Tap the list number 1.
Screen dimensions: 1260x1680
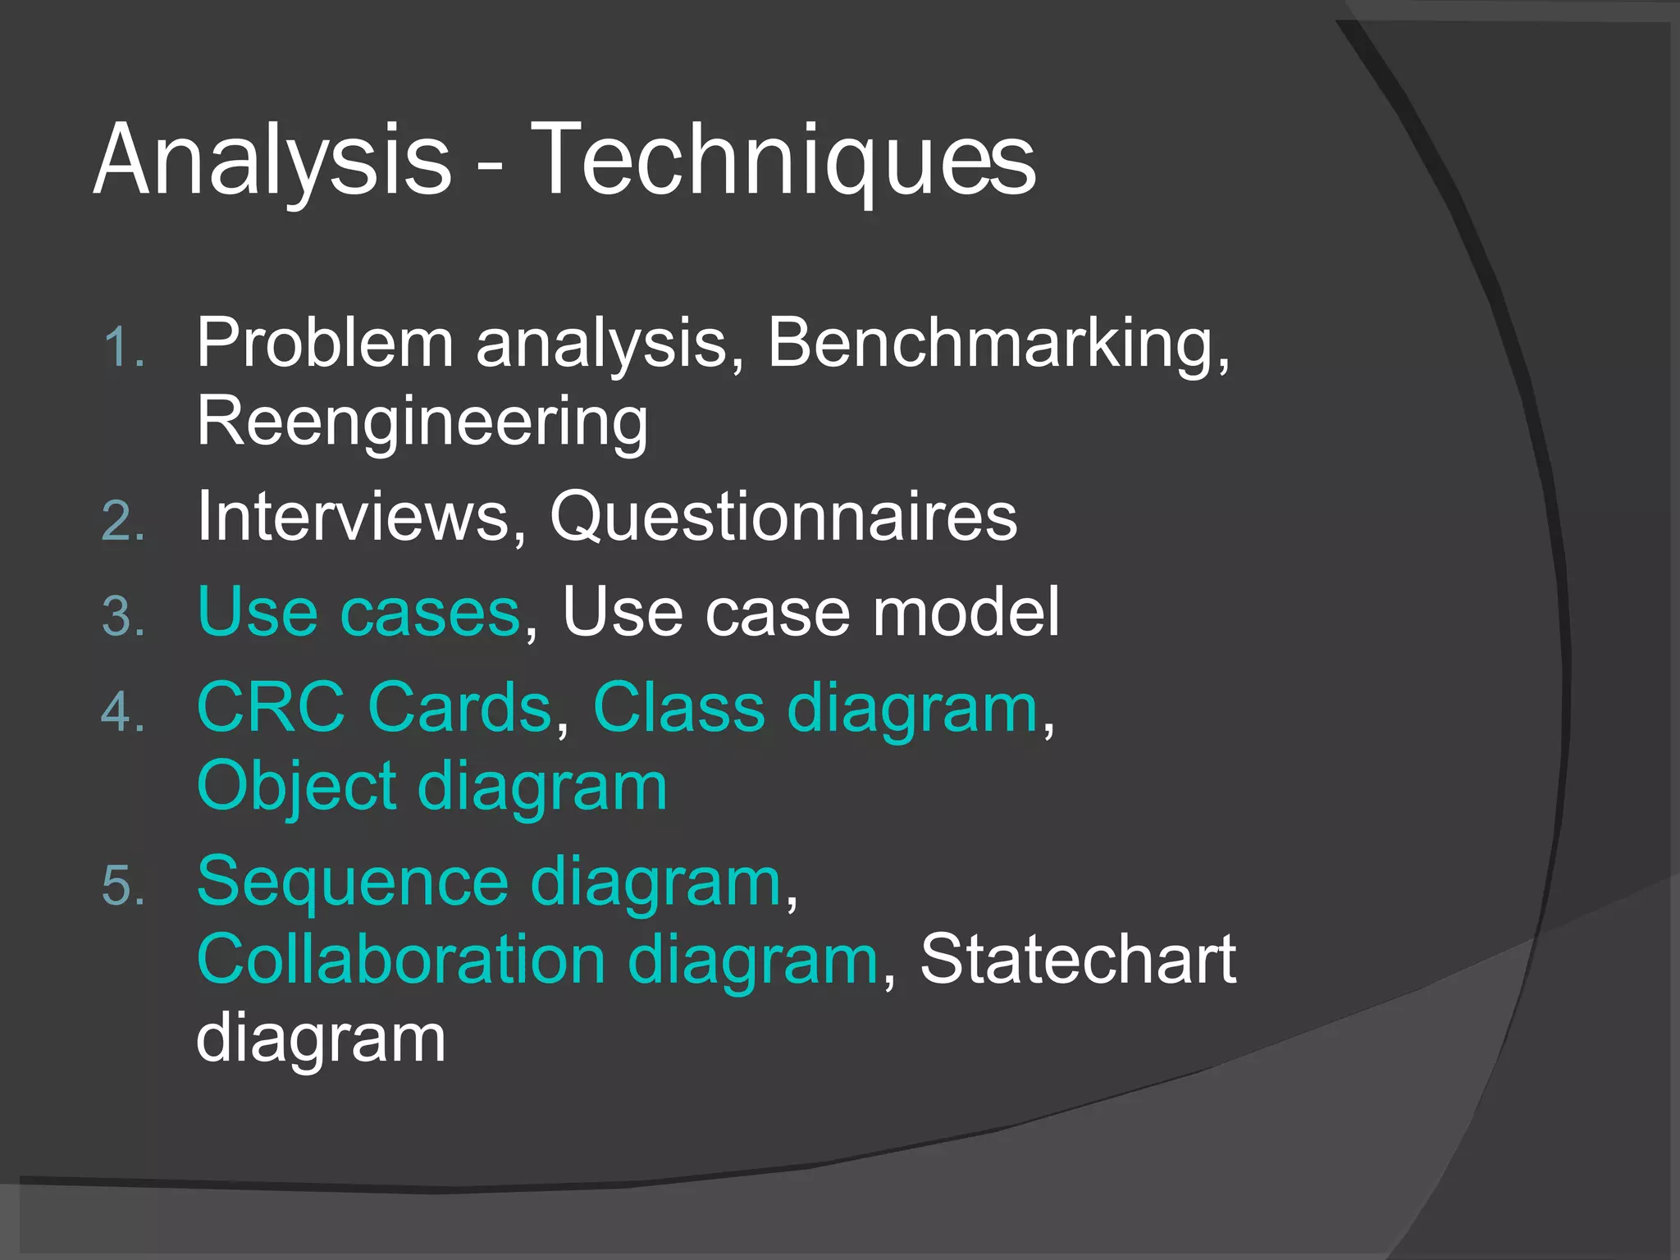tap(123, 348)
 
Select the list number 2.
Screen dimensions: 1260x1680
tap(123, 522)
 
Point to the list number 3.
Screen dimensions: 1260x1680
tap(123, 617)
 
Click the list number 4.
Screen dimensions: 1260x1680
tap(123, 712)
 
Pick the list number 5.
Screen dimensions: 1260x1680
tap(123, 886)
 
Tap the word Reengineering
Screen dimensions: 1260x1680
tap(422, 422)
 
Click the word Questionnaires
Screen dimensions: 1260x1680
tap(783, 517)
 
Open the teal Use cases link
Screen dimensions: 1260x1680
tap(359, 612)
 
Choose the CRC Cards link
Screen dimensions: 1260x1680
tap(374, 707)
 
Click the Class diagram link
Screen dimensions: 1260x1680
tap(815, 707)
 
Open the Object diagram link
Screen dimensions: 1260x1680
tap(432, 786)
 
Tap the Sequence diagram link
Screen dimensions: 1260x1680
tap(489, 882)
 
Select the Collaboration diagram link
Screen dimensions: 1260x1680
tap(537, 960)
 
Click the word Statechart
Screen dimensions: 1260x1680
tap(1077, 960)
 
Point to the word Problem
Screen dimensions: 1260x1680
tap(325, 343)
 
